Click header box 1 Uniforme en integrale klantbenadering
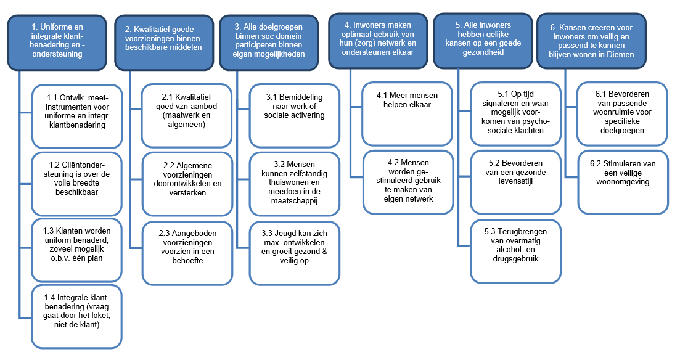coord(57,43)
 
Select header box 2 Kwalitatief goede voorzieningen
coord(164,43)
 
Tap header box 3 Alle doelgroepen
coord(269,43)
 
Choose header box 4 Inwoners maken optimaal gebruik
coord(378,41)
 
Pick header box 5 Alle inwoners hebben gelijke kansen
coord(483,41)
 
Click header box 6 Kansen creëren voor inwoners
coord(591,41)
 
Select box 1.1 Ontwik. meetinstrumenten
coord(77,117)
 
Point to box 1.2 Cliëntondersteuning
coord(77,184)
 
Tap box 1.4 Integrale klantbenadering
coord(77,317)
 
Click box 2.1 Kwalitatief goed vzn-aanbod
coord(187,116)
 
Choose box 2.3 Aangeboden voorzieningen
coord(187,253)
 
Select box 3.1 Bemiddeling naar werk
coord(295,116)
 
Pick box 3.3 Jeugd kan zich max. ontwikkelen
coord(295,253)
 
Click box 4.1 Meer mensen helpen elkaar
coord(408,114)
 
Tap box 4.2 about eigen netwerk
coord(408,182)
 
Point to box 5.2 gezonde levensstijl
coord(515,182)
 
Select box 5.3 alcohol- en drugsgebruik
coord(515,252)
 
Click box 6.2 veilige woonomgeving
coord(623,182)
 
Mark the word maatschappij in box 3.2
coord(295,201)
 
